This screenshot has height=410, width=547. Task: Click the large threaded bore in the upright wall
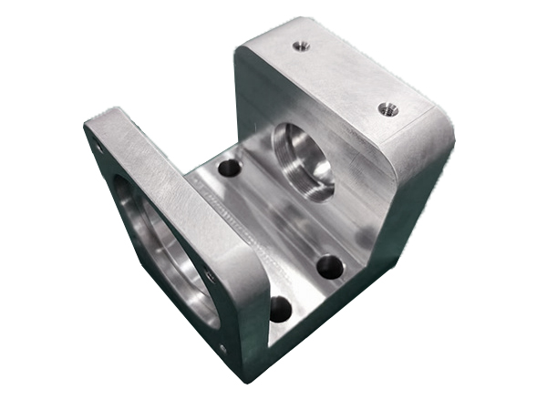tap(303, 160)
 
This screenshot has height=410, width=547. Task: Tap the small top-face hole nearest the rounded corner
tap(388, 111)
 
